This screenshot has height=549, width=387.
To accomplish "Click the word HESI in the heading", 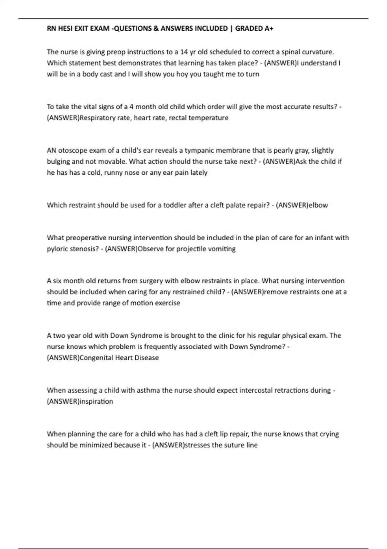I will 65,28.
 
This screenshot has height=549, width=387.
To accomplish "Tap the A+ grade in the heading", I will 269,28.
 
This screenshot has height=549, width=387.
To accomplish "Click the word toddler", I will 175,205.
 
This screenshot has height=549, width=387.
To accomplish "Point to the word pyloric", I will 57,249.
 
